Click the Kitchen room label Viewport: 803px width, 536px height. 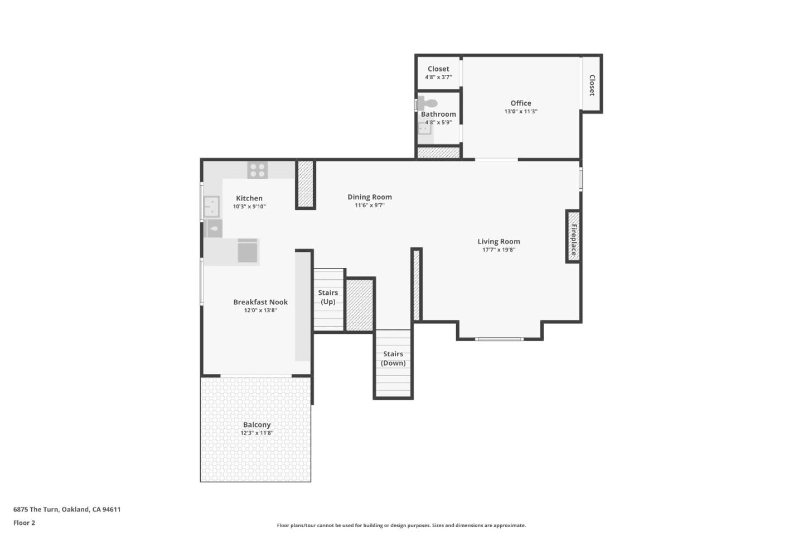point(249,198)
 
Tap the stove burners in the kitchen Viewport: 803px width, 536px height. point(257,170)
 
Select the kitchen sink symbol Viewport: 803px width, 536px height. point(211,207)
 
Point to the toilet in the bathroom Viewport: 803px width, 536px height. point(428,103)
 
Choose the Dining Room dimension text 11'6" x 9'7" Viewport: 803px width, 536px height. point(369,205)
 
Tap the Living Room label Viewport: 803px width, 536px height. point(499,242)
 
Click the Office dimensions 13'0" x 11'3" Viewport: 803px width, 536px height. point(520,112)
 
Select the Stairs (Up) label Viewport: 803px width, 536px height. point(328,297)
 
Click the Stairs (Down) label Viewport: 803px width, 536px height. point(393,358)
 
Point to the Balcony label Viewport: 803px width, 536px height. point(257,425)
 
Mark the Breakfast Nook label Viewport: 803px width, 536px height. point(260,302)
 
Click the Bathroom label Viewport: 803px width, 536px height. point(438,114)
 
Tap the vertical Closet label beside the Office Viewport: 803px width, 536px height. point(592,85)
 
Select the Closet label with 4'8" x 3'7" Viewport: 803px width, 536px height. point(438,69)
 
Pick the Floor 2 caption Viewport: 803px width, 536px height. point(24,523)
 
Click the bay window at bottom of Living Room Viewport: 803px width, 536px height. point(499,339)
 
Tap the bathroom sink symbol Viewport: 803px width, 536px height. point(424,129)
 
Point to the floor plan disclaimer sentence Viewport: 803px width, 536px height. point(401,525)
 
